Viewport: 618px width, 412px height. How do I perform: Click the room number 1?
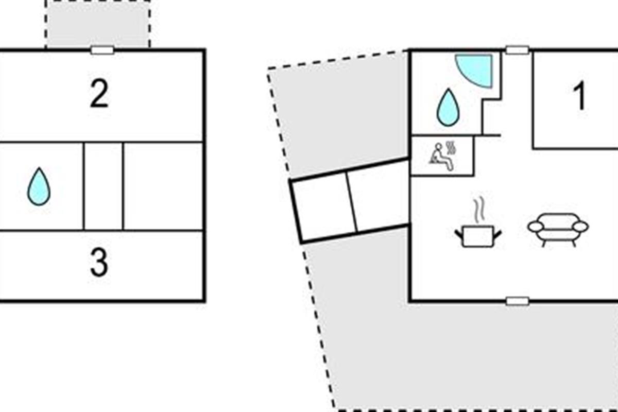(580, 96)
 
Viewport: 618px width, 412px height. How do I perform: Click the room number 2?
(99, 93)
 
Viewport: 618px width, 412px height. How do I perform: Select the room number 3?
(99, 263)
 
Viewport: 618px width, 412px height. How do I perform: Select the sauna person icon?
(442, 156)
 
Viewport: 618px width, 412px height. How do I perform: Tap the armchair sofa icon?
(558, 230)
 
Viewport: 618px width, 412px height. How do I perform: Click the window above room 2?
(102, 50)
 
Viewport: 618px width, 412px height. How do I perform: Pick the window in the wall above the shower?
(517, 50)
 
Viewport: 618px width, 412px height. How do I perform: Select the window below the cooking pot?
(518, 301)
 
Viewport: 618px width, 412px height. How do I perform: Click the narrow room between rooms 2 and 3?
(104, 186)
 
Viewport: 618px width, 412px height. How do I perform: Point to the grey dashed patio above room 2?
(98, 24)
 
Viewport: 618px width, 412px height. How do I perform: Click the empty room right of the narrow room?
(163, 186)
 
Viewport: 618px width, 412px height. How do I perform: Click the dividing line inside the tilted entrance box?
(352, 202)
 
